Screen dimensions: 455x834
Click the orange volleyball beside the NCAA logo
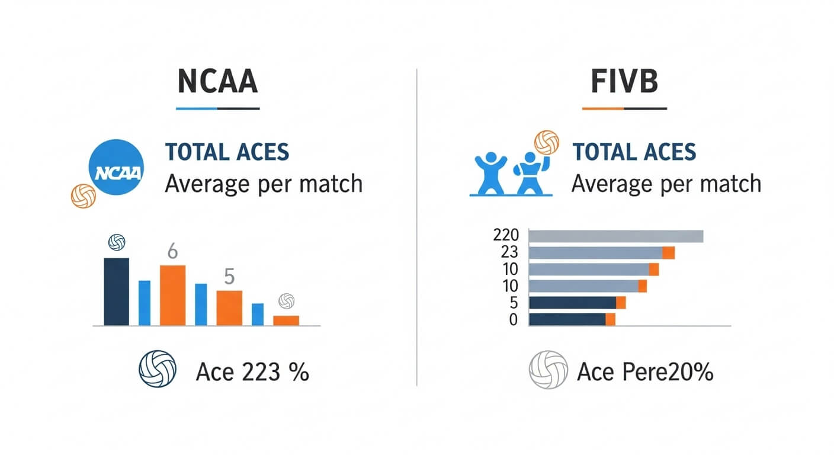(84, 196)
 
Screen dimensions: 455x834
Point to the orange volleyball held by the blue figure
(546, 143)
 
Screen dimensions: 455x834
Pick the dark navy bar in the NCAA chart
(116, 291)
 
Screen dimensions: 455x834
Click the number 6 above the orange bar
(172, 252)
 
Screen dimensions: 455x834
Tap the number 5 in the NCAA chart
(229, 277)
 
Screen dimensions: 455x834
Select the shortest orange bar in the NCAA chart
(286, 320)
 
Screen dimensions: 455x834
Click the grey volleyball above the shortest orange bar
(287, 300)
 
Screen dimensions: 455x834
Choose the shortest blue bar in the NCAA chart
(258, 314)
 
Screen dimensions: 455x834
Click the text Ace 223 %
(252, 373)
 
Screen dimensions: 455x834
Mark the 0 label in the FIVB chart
(513, 320)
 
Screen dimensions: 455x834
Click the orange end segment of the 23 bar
(668, 253)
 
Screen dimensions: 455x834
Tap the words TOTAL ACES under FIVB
(634, 152)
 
